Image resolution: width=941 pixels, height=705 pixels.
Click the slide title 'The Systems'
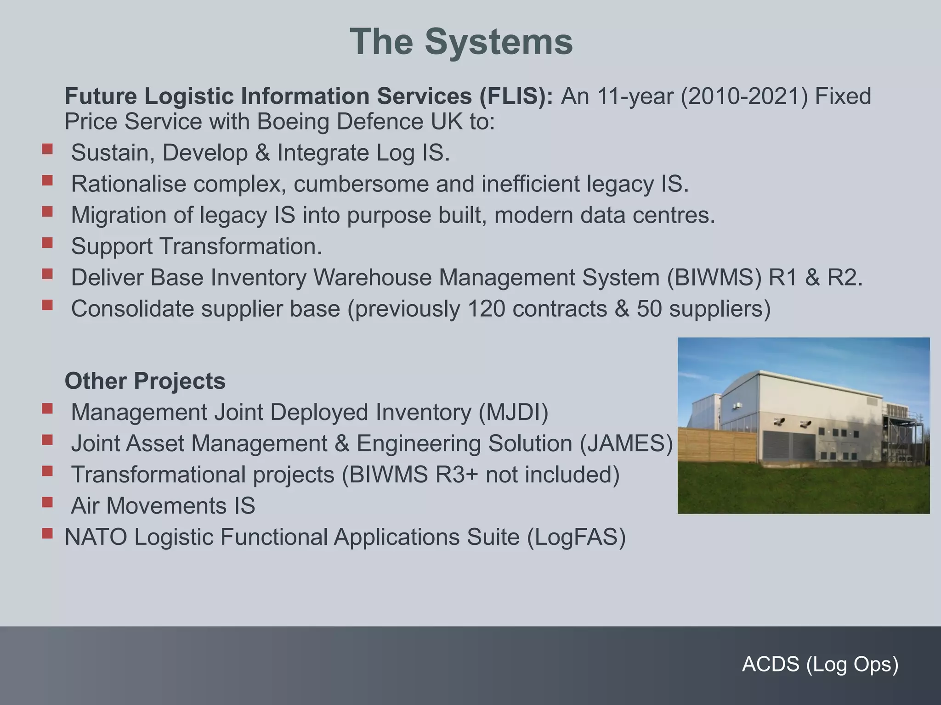[x=461, y=42]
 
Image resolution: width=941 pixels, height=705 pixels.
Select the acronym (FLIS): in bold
[x=516, y=96]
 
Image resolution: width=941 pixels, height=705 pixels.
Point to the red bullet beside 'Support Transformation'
[x=47, y=242]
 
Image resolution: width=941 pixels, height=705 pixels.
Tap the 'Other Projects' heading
[x=145, y=381]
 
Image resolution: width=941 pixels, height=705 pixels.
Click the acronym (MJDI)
[x=513, y=412]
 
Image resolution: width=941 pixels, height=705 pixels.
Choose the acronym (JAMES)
[x=626, y=443]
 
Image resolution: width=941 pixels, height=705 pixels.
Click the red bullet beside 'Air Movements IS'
[x=47, y=502]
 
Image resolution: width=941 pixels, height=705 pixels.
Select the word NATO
[x=96, y=537]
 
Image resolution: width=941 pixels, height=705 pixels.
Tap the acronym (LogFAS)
[x=576, y=537]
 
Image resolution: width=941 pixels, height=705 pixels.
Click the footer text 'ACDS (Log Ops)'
[x=820, y=664]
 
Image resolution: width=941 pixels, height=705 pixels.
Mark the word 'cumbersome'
[x=361, y=184]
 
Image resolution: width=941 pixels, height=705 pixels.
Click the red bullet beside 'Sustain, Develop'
[x=47, y=149]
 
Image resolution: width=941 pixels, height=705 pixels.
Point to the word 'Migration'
[x=118, y=215]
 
